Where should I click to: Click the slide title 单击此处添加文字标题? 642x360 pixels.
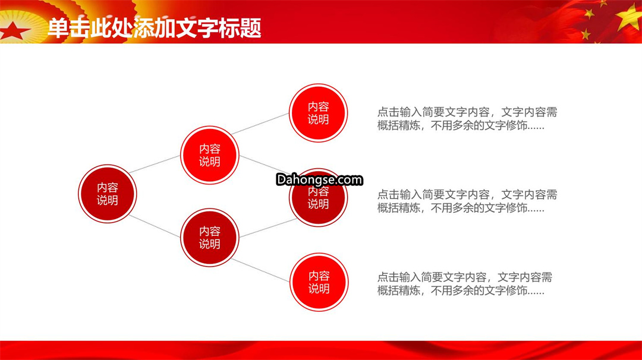(155, 29)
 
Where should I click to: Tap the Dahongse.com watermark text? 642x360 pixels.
(319, 179)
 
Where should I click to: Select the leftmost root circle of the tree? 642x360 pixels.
(107, 194)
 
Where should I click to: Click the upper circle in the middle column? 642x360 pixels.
(210, 155)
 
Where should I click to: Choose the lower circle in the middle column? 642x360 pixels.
(210, 238)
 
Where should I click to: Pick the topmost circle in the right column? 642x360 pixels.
(318, 113)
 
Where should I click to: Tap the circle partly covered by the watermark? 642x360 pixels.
(318, 198)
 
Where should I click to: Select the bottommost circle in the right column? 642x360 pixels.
(319, 282)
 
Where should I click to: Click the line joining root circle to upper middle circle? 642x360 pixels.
(155, 164)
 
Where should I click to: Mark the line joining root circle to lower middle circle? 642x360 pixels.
(155, 226)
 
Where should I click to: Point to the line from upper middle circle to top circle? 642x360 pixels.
(260, 124)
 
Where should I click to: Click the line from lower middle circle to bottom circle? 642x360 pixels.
(260, 270)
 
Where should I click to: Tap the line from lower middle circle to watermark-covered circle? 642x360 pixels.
(268, 228)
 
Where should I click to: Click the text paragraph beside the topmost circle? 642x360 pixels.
(467, 119)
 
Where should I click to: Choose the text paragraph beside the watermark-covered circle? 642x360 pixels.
(467, 201)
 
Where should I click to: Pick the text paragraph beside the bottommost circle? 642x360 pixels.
(465, 284)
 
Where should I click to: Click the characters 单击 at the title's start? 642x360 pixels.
(68, 29)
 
